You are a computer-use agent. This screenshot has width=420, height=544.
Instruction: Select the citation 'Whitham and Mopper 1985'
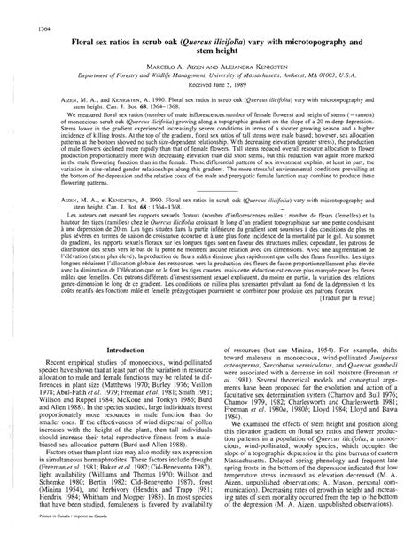point(139,520)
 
